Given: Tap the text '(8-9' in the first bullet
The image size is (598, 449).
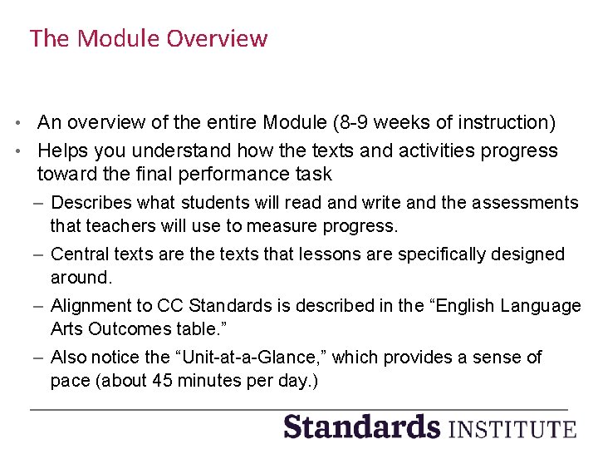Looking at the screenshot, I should coord(348,123).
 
